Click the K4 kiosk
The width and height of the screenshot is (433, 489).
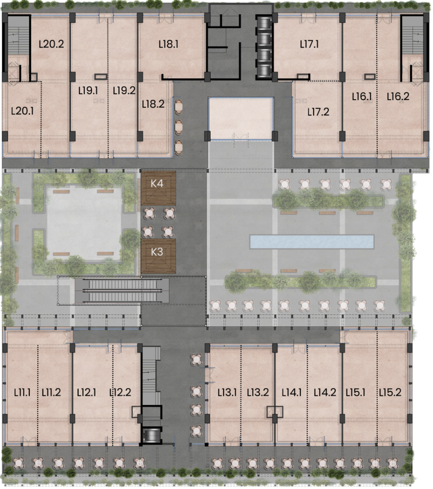point(158,188)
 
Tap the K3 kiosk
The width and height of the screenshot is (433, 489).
point(158,256)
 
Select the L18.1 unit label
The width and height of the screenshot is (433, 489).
point(169,44)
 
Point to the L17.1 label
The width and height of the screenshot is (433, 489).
point(309,44)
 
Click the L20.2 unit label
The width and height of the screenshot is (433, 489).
point(51,44)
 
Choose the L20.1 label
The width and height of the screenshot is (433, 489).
point(22,111)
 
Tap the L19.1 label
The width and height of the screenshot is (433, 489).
point(88,91)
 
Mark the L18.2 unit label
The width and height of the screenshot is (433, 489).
point(153,104)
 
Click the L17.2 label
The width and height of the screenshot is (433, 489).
point(318,112)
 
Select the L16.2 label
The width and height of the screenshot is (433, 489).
point(398,97)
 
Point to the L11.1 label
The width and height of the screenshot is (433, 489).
point(22,392)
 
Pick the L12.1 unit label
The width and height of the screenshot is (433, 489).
point(87,392)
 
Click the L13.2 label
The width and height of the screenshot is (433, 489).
point(258,392)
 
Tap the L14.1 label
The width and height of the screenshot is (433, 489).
point(292,392)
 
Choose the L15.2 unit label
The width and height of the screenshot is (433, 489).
point(390,392)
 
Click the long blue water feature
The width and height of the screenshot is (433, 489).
point(312,242)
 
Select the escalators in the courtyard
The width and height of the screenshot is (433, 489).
point(122,291)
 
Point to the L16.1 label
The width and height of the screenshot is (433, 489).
point(362,97)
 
